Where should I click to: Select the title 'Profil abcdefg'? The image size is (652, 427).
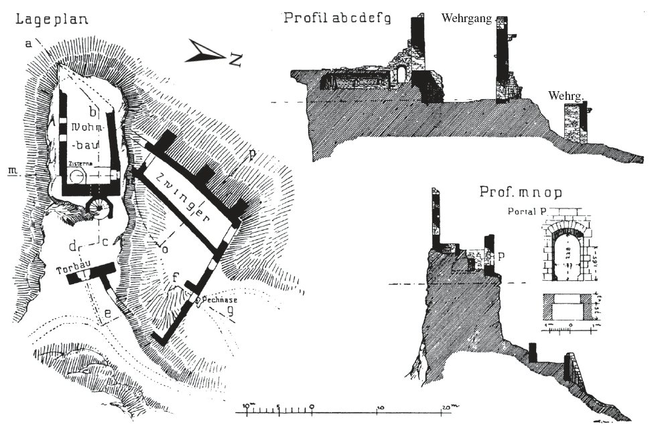pos(337,17)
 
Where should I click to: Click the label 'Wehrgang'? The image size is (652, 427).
pos(466,19)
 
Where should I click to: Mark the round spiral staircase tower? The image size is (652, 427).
pos(101,209)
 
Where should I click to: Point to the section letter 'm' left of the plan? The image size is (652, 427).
pos(11,170)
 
